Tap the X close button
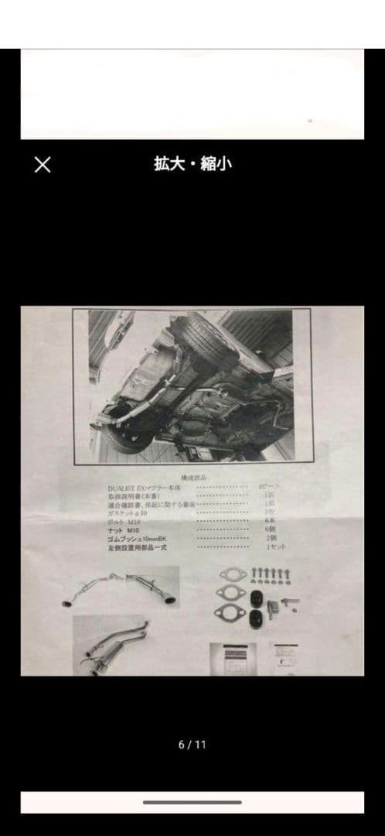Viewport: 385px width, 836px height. point(43,164)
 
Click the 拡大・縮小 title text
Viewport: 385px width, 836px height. point(192,163)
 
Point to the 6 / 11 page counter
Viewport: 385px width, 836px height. point(192,745)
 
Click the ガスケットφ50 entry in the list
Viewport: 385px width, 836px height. point(128,513)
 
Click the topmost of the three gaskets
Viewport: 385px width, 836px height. point(232,574)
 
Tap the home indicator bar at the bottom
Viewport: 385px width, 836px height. point(192,803)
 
